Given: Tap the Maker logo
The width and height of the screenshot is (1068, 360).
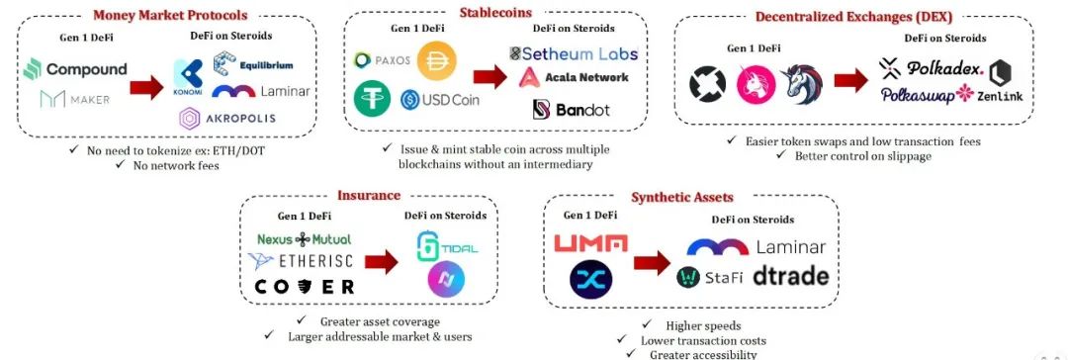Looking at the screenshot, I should (75, 99).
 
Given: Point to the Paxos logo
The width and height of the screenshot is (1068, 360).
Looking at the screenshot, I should (381, 60).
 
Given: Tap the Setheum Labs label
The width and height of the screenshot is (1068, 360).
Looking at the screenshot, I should (573, 53).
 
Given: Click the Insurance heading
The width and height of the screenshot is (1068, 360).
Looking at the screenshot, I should (369, 196).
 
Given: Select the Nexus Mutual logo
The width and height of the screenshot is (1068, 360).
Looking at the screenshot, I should (304, 239).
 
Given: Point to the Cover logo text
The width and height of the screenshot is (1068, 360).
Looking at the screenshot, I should (304, 287).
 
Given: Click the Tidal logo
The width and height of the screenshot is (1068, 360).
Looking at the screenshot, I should (447, 246).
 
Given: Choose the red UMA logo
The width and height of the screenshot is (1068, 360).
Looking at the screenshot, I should (590, 242).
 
